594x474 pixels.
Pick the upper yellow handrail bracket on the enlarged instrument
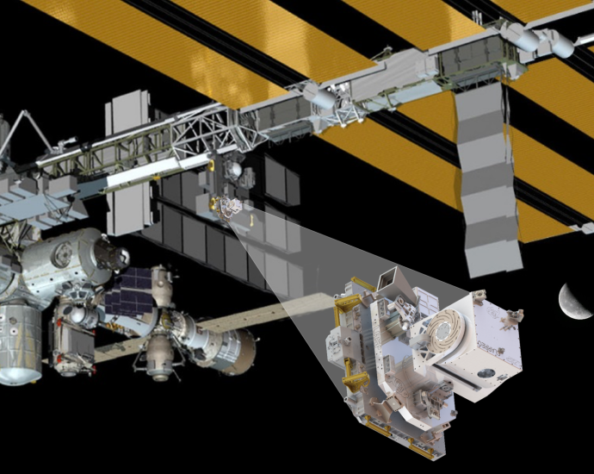click(x=344, y=307)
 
